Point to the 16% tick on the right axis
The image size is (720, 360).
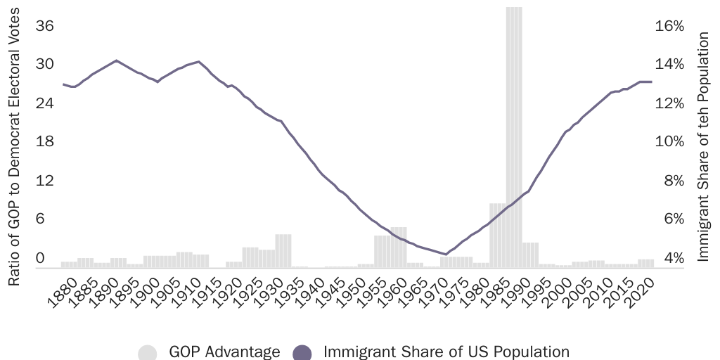pos(669,26)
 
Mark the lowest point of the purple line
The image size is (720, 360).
pos(446,255)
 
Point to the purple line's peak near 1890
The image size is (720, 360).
pos(116,60)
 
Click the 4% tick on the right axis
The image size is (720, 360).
pos(669,257)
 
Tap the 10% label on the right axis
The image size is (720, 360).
pos(669,141)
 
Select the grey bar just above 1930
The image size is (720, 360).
pos(283,250)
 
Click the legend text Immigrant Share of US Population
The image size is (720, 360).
pos(446,352)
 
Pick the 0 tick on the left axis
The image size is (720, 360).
pos(40,257)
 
